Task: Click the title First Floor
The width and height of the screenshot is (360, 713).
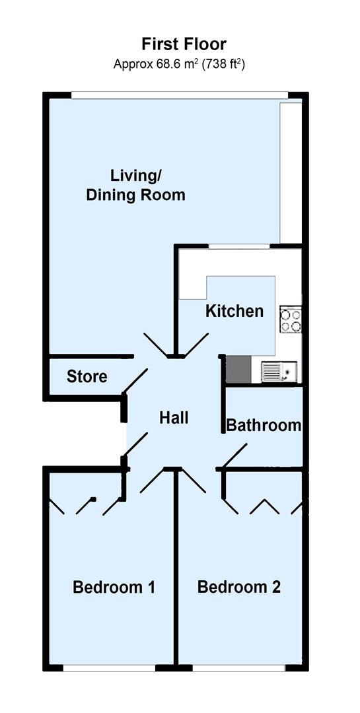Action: pyautogui.click(x=184, y=44)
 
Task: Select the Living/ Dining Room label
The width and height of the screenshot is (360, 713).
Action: pyautogui.click(x=136, y=186)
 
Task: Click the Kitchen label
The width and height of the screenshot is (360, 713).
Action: pyautogui.click(x=234, y=311)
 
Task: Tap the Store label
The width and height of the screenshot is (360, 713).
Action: pyautogui.click(x=87, y=377)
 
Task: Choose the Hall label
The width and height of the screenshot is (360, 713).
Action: pyautogui.click(x=174, y=418)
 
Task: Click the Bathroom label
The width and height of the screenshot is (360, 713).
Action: pyautogui.click(x=264, y=425)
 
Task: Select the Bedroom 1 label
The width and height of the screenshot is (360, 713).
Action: pyautogui.click(x=114, y=587)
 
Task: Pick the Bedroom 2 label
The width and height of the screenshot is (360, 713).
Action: pyautogui.click(x=239, y=587)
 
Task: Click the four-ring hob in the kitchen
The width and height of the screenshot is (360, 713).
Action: pyautogui.click(x=291, y=320)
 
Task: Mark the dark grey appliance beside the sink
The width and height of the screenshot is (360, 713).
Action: pyautogui.click(x=238, y=370)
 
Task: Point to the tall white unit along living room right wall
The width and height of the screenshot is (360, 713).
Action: pyautogui.click(x=290, y=172)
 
